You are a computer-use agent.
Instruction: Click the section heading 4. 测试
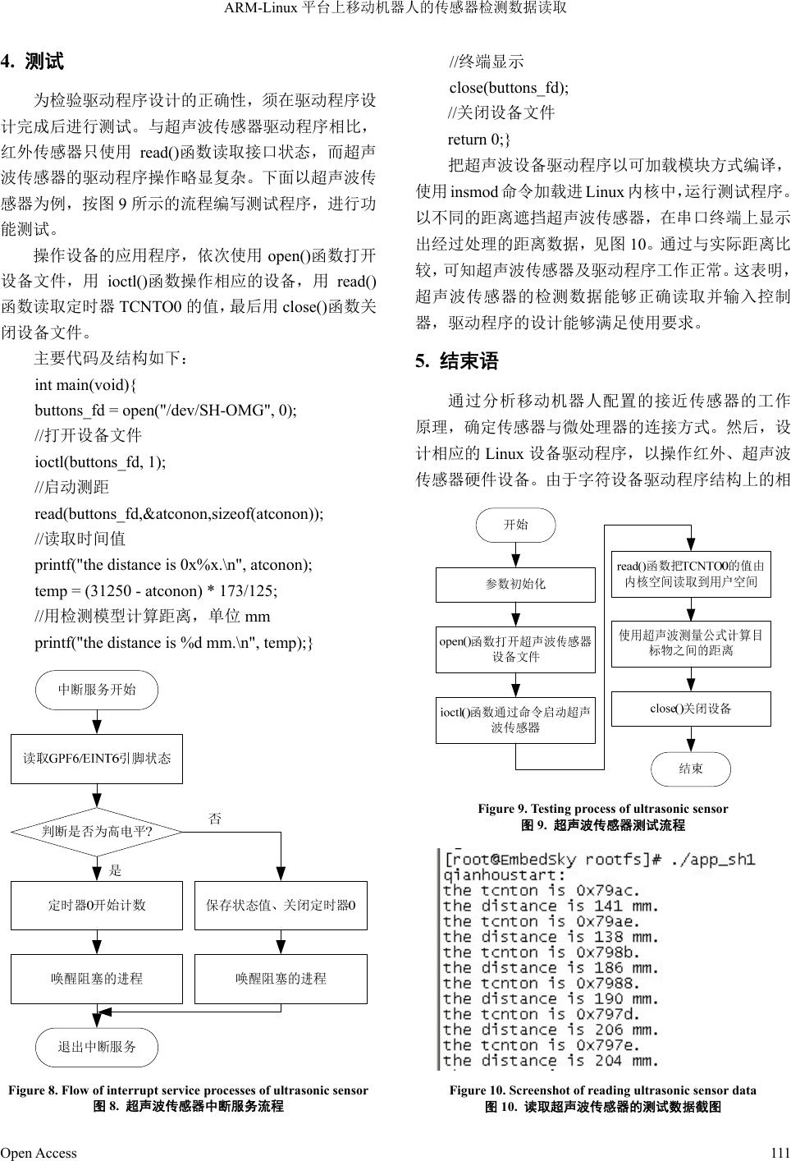32,62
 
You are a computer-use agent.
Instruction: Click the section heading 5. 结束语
457,361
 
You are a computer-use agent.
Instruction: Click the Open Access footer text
39,1153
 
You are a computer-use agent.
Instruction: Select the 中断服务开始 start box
97,690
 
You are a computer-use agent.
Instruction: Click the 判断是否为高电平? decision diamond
97,832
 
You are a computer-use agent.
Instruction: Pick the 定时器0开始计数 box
97,905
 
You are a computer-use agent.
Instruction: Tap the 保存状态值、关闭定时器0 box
281,905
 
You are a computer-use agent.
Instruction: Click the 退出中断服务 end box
97,1047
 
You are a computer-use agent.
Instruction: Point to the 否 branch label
215,819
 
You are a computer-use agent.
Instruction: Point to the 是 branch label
115,870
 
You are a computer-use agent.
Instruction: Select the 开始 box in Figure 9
515,525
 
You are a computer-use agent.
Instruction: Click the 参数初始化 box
515,584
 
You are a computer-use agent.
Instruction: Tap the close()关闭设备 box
691,709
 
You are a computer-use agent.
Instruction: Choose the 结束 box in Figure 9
691,769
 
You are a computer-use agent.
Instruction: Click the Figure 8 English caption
188,1090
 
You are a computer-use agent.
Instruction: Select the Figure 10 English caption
602,1090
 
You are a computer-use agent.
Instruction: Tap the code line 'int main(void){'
86,384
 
